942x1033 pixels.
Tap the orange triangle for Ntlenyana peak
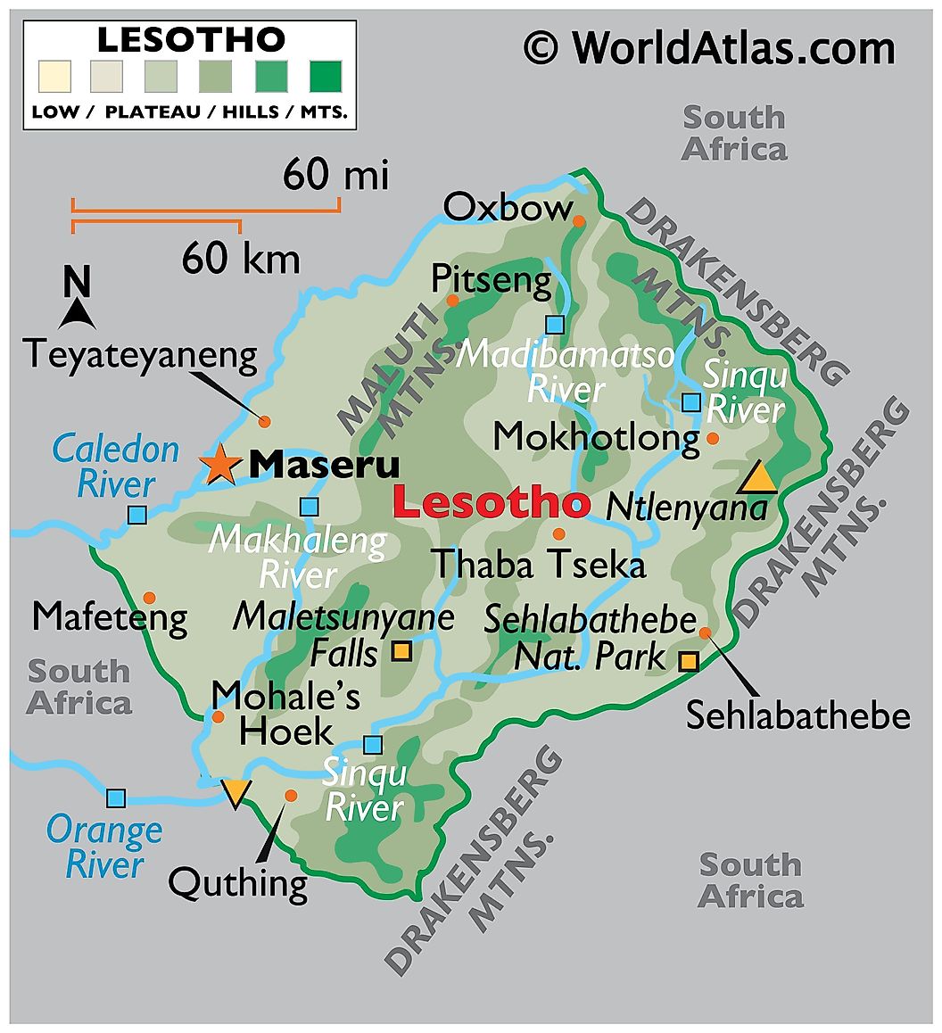coord(758,479)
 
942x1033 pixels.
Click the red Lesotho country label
coord(491,503)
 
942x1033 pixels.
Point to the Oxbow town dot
coord(579,220)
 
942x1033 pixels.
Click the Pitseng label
coord(492,280)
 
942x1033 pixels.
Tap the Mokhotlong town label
coord(596,437)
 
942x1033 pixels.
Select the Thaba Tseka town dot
coord(558,534)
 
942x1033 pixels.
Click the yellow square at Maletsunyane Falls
coord(402,652)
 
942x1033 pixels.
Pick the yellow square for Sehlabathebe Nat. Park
coord(688,661)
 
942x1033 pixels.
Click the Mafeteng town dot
coord(149,597)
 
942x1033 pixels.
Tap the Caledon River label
coord(116,467)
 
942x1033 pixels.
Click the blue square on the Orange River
coord(116,797)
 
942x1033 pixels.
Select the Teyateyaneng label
coord(140,354)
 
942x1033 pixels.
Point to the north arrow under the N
coord(78,313)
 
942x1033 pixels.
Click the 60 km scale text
coord(241,260)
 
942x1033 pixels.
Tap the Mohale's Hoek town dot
coord(218,716)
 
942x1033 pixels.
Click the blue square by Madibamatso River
coord(556,325)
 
